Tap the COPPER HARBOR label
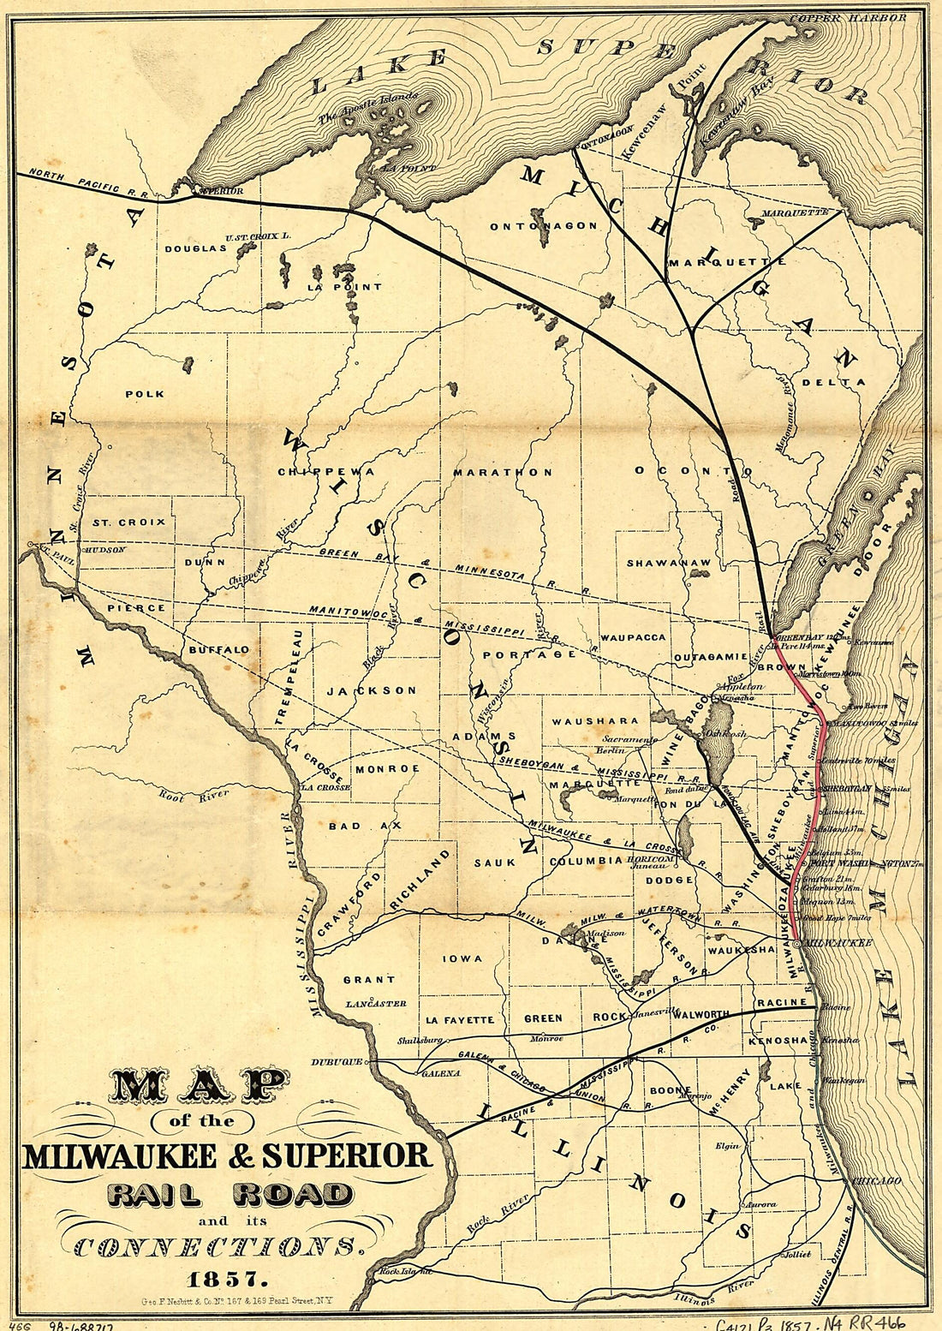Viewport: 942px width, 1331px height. coord(848,17)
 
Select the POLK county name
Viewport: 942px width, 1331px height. coord(145,394)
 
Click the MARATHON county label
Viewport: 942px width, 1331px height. coord(503,472)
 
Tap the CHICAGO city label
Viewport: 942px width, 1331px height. coord(876,1181)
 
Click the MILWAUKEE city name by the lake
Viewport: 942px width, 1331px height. coord(839,943)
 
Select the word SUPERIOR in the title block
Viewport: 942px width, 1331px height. coord(347,1155)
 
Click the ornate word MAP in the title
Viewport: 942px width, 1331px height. coord(200,1086)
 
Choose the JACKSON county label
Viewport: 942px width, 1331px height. coord(372,689)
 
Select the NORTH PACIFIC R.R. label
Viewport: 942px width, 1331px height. coord(88,183)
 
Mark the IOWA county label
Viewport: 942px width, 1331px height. coord(462,958)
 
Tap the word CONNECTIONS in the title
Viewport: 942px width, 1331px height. coord(214,1246)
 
